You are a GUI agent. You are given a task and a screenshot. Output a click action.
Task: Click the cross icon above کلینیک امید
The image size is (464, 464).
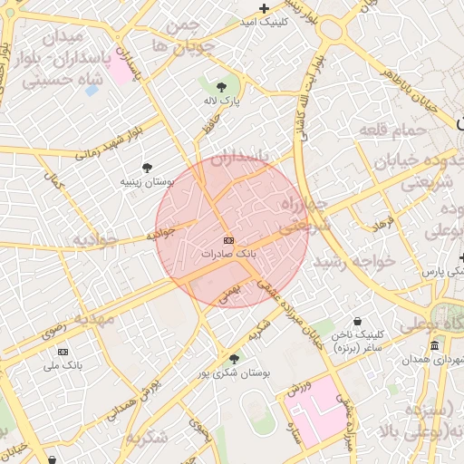click(264, 9)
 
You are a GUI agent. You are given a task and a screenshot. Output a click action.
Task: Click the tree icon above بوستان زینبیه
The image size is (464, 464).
click(146, 168)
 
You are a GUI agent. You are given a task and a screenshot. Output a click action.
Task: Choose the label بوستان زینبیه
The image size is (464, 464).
click(147, 181)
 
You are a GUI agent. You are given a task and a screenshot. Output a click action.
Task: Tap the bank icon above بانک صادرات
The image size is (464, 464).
click(227, 240)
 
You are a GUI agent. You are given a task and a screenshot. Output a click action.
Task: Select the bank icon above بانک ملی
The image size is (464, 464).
click(63, 351)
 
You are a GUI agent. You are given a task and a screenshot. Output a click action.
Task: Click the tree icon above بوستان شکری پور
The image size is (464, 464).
click(234, 360)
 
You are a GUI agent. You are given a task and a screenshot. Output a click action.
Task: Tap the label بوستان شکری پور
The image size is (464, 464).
click(235, 373)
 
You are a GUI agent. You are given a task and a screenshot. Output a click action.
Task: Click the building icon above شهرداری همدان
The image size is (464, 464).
click(435, 346)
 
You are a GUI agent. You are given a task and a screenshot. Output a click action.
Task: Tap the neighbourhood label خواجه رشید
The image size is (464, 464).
click(355, 261)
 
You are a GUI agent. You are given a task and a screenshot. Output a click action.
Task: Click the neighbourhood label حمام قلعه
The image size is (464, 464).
click(393, 131)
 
